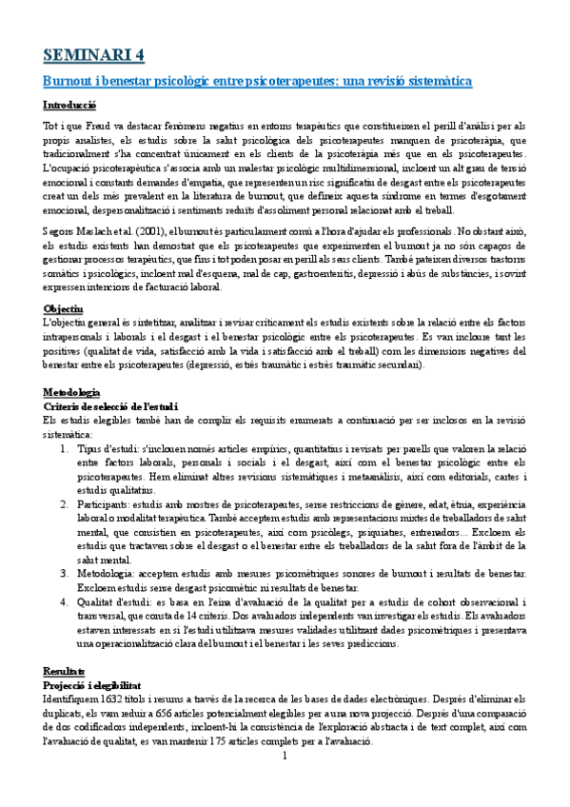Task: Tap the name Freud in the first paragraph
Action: tap(105, 126)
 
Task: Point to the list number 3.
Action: tap(65, 574)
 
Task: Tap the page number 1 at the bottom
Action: tap(285, 757)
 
